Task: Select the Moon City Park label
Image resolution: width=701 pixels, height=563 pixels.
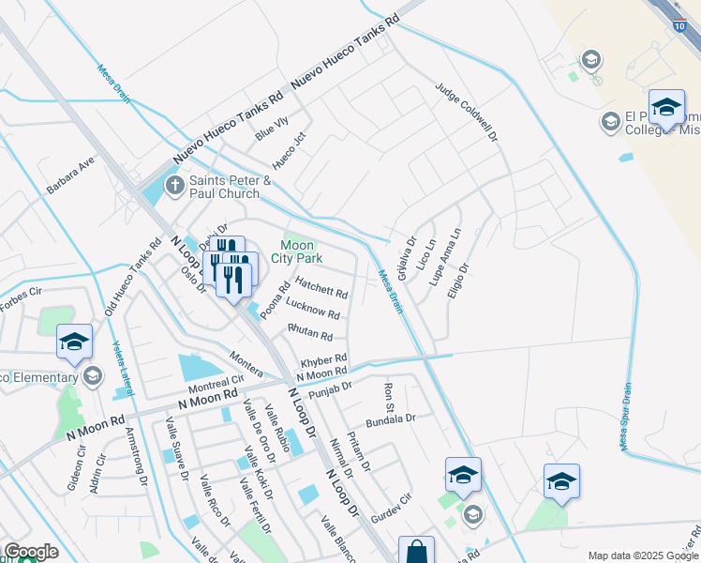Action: point(297,251)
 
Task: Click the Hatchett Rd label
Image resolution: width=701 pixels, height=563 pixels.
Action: point(321,287)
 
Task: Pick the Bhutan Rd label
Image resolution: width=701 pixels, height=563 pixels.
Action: point(310,332)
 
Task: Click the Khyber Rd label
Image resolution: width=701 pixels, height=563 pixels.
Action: point(324,360)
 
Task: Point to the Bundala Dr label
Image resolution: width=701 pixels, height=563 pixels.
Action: point(390,420)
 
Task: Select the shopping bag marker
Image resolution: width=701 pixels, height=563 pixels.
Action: point(416,551)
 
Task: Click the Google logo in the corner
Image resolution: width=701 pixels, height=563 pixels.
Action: point(31,552)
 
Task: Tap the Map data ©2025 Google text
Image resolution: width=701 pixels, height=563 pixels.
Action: point(644,555)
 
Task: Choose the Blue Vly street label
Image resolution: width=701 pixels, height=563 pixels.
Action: point(272,127)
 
